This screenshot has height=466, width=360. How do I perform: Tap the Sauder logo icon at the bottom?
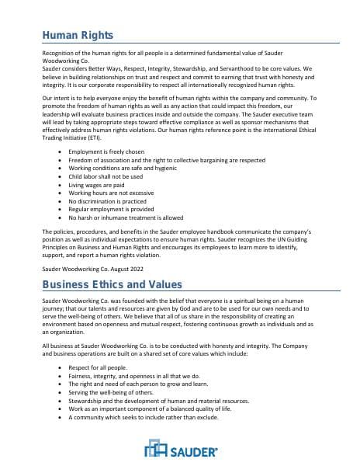click(157, 449)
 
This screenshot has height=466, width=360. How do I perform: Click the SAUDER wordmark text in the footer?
click(196, 450)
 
